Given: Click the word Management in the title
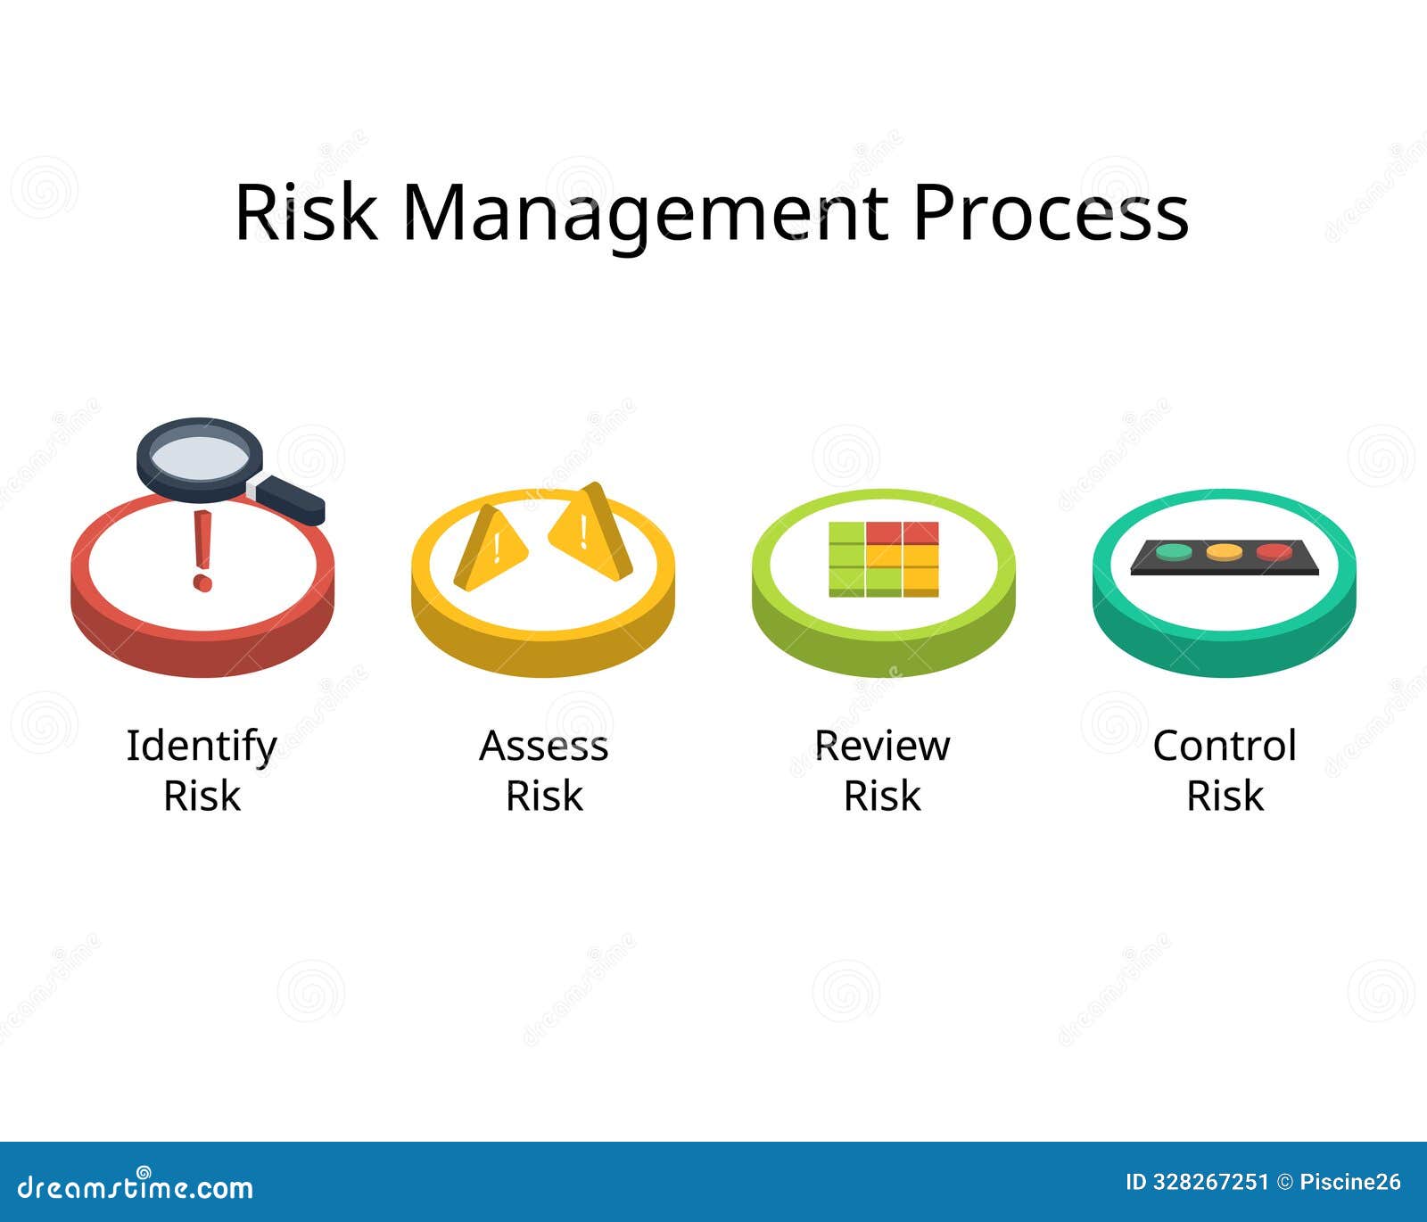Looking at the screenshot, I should (x=645, y=214).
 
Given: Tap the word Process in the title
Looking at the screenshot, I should (x=1050, y=214).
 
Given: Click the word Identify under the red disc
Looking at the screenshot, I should (x=202, y=746).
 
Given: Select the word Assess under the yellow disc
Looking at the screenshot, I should (x=543, y=746).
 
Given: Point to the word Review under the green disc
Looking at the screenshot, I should (x=882, y=746).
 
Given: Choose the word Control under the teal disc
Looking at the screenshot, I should (x=1224, y=746).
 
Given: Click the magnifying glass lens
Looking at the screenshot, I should (x=200, y=457).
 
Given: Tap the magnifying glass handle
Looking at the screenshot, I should (x=291, y=500).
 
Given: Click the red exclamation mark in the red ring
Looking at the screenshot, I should (x=203, y=549).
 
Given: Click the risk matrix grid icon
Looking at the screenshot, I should (x=883, y=559).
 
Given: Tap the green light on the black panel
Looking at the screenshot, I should (x=1174, y=552).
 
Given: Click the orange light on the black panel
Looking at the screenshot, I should (x=1224, y=552).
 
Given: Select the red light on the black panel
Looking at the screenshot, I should (x=1274, y=552).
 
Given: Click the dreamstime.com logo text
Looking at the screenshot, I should (x=136, y=1186).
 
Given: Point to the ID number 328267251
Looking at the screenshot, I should (x=1210, y=1183).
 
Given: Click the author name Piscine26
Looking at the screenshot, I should (x=1350, y=1183).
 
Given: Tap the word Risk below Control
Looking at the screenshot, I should (x=1224, y=796).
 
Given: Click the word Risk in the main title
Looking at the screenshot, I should (x=305, y=214).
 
